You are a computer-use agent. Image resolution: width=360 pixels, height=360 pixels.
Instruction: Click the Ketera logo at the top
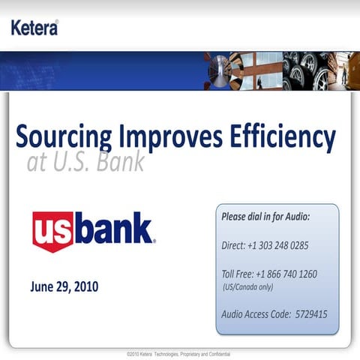34,28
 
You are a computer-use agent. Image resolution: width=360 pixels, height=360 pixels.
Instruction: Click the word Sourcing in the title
64,138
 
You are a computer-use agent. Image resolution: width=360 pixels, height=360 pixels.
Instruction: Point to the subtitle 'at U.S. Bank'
85,162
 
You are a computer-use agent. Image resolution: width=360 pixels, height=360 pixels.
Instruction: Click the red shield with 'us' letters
52,231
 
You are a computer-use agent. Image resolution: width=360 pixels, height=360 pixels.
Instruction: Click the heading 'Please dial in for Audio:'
265,217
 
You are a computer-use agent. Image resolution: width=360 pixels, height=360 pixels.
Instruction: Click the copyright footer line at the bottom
179,353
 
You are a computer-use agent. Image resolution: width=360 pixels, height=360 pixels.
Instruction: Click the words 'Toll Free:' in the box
238,274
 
